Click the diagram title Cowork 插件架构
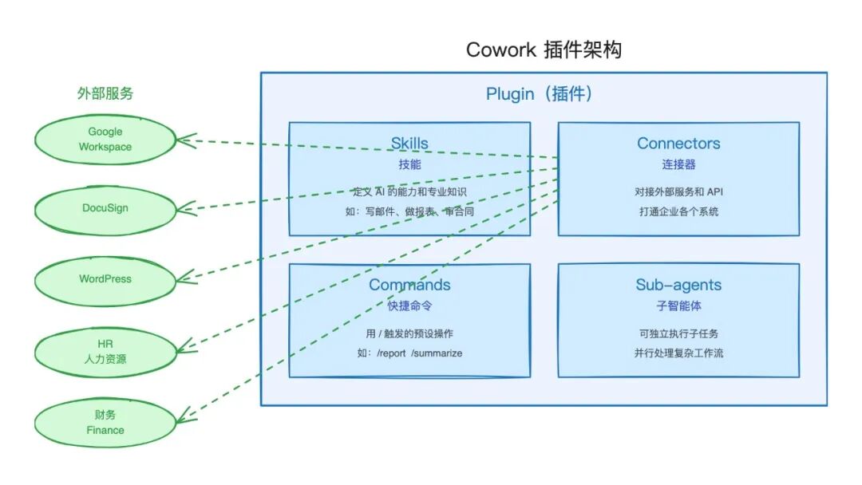[x=544, y=50]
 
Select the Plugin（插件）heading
[x=540, y=94]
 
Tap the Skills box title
[x=409, y=144]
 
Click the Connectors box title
[x=678, y=144]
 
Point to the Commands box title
[x=409, y=285]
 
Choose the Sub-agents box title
[x=678, y=285]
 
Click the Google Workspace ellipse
[x=105, y=140]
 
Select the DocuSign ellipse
[x=105, y=208]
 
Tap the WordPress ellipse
[x=105, y=279]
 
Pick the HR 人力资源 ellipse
[x=105, y=351]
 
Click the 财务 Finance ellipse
[x=105, y=422]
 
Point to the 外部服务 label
[x=105, y=93]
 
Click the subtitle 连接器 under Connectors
[x=678, y=164]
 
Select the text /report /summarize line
[x=409, y=353]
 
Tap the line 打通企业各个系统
[x=678, y=211]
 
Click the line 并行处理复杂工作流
[x=678, y=353]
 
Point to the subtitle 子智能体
[x=678, y=306]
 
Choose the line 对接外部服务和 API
[x=678, y=191]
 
